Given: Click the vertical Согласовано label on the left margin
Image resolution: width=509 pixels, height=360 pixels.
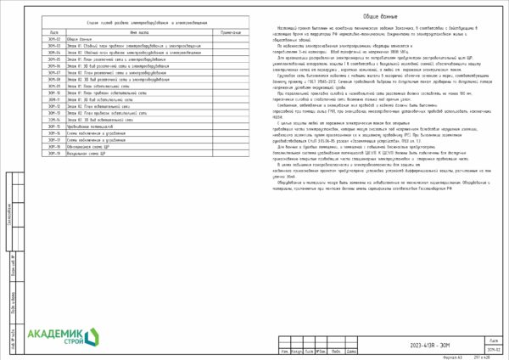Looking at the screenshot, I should tap(8, 214).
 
